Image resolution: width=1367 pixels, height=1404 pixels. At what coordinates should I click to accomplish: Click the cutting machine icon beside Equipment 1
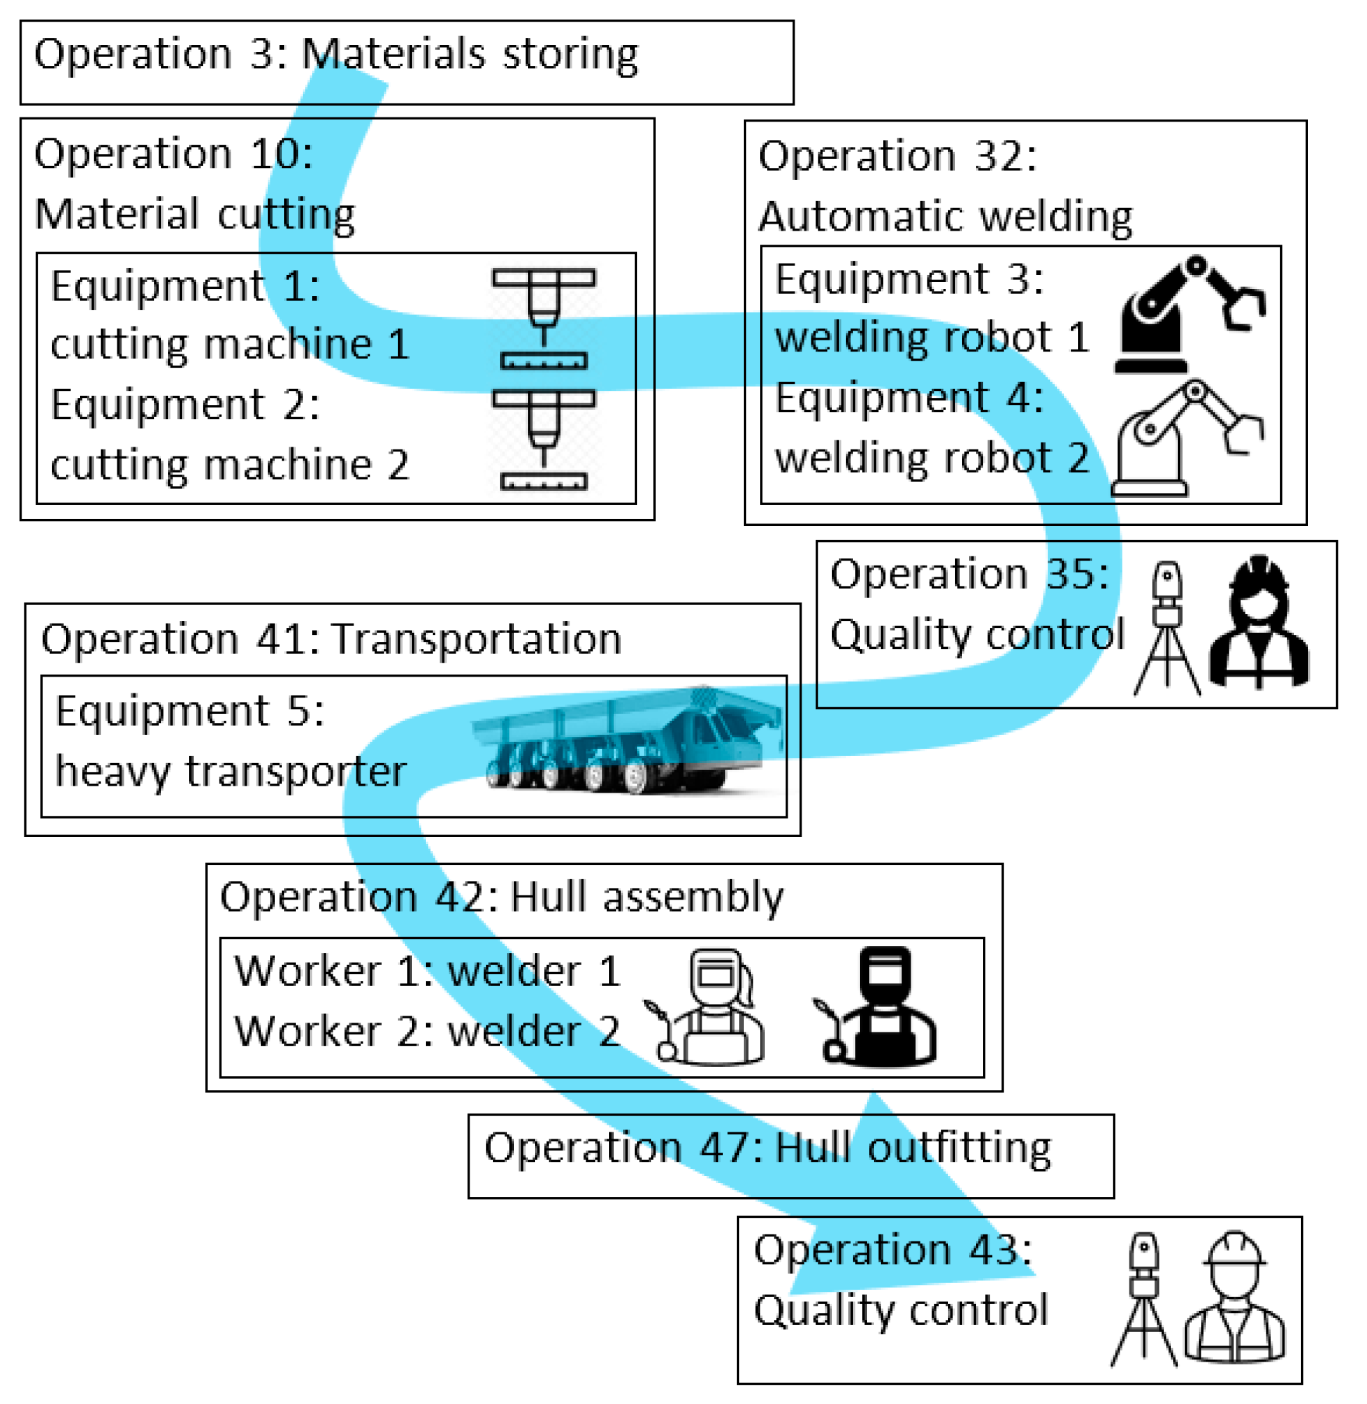[543, 318]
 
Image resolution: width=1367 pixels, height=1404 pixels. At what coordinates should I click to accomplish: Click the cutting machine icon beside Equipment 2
[543, 440]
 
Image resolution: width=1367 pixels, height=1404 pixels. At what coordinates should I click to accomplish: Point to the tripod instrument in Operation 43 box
[1144, 1300]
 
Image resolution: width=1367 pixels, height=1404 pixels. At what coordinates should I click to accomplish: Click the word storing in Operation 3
[570, 55]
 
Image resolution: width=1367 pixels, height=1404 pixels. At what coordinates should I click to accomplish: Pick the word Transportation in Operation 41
[477, 638]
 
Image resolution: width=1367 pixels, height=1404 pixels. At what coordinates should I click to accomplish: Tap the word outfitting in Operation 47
[959, 1148]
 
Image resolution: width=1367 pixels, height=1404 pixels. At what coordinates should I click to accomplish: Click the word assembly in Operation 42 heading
[693, 898]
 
